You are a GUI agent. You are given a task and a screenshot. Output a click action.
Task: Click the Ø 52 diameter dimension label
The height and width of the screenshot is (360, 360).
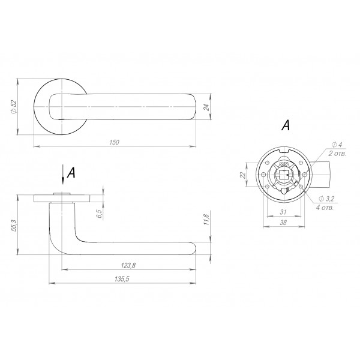(x=14, y=107)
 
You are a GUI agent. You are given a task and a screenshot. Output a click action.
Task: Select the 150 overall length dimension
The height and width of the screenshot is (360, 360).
(x=115, y=142)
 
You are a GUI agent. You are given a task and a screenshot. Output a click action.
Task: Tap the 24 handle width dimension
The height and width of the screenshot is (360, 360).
(x=206, y=107)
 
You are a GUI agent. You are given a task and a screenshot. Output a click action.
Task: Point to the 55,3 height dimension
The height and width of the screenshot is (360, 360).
(x=14, y=226)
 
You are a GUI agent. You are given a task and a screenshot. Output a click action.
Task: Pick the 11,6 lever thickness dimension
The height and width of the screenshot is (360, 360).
(x=206, y=220)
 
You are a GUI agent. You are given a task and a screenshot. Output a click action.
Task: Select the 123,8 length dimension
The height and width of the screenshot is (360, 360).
(x=128, y=265)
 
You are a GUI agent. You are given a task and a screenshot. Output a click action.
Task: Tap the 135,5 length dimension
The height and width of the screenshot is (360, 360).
(x=122, y=279)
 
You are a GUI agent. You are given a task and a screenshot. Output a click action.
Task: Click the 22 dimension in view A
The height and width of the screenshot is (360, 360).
(x=242, y=175)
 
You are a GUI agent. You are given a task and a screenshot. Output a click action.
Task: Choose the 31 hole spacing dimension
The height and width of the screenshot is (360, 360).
(x=284, y=212)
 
